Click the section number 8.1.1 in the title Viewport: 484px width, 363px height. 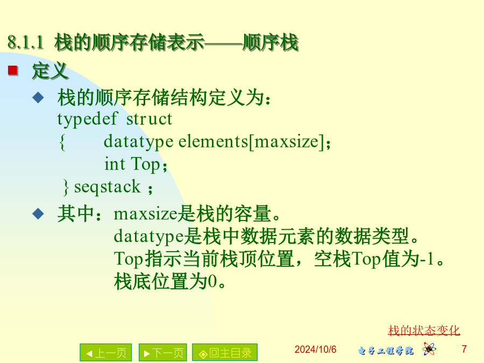coord(26,42)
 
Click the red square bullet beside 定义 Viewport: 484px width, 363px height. coord(13,70)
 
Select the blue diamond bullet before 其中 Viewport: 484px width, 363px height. coord(38,213)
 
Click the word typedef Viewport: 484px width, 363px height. coord(87,119)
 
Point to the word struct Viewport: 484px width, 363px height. coord(149,119)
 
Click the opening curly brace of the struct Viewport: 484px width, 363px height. coord(62,142)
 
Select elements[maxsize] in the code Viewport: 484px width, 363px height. coord(252,142)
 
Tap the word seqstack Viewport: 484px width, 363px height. coord(108,187)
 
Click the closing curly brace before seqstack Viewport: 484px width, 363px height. coord(66,187)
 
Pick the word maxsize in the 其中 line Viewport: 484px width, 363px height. coord(146,214)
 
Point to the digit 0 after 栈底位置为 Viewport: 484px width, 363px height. coord(212,281)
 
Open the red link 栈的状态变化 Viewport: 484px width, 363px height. coord(424,331)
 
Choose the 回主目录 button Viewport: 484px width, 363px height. coord(225,352)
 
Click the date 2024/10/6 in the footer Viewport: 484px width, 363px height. coord(315,350)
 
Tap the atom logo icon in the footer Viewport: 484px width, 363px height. coord(429,349)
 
